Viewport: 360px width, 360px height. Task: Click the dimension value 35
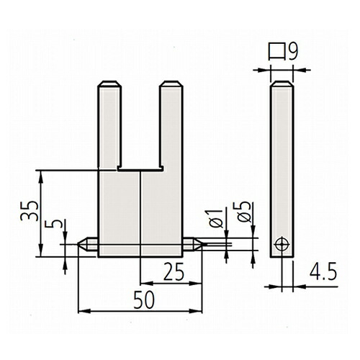point(30,210)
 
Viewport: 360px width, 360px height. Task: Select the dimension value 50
point(144,300)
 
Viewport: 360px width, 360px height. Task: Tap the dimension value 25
point(174,271)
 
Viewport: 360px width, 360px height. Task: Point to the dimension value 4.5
point(323,271)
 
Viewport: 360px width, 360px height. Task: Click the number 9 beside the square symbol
point(293,51)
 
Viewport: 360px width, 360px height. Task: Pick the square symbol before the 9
point(276,52)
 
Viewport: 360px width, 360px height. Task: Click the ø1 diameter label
point(216,218)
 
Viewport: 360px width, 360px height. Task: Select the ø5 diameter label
point(243,212)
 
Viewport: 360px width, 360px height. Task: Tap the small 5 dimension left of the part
point(54,224)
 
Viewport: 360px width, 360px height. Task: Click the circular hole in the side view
point(282,245)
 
